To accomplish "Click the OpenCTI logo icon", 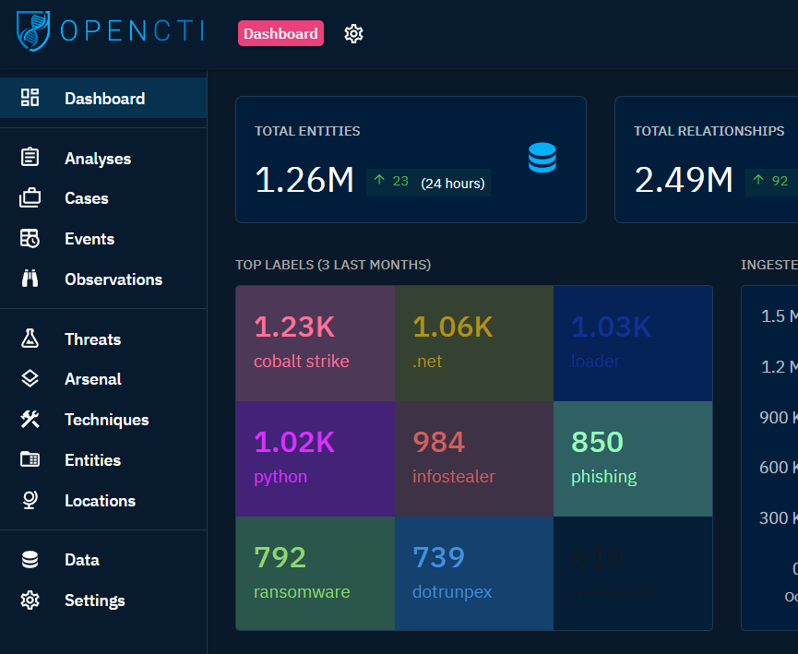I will click(x=34, y=30).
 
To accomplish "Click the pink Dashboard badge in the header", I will click(x=280, y=33).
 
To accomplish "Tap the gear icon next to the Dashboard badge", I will click(x=353, y=33).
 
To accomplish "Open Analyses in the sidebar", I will click(x=97, y=159).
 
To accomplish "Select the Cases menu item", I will click(x=86, y=198).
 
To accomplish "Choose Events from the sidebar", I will click(x=89, y=239).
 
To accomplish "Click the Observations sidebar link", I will click(x=113, y=279).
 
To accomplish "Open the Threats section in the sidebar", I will click(x=92, y=339).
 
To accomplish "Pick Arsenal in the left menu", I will click(x=92, y=379).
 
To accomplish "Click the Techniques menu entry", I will click(x=106, y=420).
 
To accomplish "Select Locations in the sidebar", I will click(x=100, y=501).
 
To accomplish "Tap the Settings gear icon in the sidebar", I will click(x=30, y=600).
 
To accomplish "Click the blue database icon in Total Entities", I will click(x=542, y=158).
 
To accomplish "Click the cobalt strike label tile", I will click(x=315, y=343).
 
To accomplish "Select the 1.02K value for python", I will click(x=294, y=442).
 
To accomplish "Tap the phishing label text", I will click(x=604, y=477).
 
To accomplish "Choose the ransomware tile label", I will click(x=302, y=592).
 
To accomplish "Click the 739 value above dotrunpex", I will click(x=438, y=557).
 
